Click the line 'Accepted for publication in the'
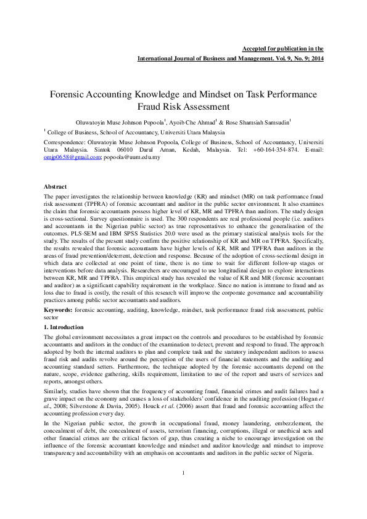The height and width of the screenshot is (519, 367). coord(282,48)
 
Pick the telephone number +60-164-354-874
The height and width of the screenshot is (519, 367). coord(258,150)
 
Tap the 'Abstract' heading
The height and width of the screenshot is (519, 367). coord(56,186)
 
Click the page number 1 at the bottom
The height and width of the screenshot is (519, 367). coord(183,490)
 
